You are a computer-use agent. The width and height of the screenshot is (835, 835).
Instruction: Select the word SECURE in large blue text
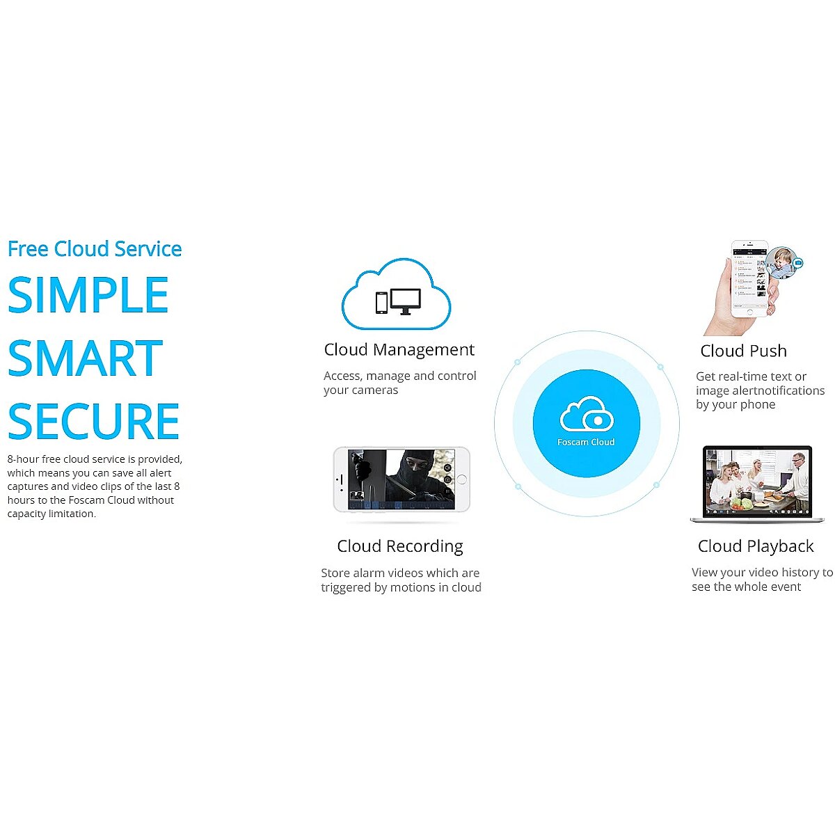click(x=94, y=421)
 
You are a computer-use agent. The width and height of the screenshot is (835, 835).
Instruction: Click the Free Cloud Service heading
click(x=95, y=248)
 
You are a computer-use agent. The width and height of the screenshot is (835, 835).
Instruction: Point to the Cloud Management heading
click(x=399, y=349)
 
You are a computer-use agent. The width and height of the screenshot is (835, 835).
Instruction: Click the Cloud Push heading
click(x=742, y=351)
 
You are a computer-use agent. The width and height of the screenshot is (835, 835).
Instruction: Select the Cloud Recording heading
click(x=399, y=546)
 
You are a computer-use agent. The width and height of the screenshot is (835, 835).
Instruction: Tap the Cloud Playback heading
click(x=755, y=546)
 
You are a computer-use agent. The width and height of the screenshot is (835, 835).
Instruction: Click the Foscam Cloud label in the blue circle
click(x=585, y=442)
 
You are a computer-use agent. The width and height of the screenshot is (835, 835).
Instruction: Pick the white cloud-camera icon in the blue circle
click(x=587, y=413)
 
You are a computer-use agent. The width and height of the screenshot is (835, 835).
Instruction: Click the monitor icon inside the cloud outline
click(x=405, y=301)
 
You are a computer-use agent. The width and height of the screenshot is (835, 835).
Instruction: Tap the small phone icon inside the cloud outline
click(x=381, y=303)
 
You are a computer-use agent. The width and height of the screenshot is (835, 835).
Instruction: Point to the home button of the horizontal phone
click(x=461, y=479)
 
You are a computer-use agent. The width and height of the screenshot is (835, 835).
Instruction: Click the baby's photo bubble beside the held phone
click(x=781, y=262)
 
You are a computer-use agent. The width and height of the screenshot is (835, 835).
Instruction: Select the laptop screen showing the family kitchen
click(x=756, y=482)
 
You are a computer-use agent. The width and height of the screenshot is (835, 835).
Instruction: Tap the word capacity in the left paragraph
click(x=26, y=514)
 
